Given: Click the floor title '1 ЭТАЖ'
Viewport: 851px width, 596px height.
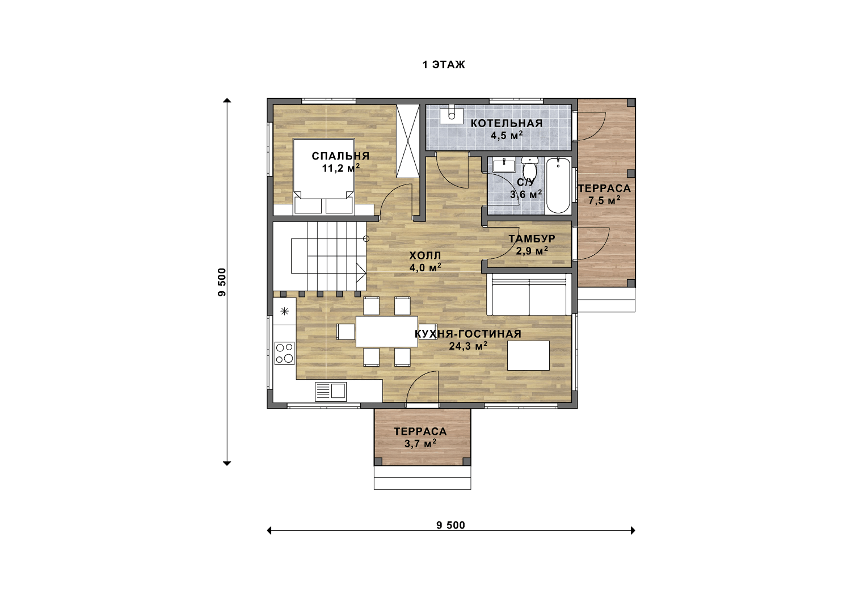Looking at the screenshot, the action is pyautogui.click(x=443, y=65).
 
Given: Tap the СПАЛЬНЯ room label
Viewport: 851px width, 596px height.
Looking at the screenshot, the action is pyautogui.click(x=340, y=156).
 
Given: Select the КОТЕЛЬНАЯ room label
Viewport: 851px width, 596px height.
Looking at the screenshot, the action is pyautogui.click(x=507, y=123).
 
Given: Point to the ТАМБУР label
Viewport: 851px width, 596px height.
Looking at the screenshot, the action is pyautogui.click(x=532, y=239).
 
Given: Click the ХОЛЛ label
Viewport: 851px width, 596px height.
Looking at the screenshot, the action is pyautogui.click(x=425, y=255).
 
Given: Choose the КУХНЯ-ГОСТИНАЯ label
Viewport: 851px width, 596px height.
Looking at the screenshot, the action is pyautogui.click(x=468, y=334).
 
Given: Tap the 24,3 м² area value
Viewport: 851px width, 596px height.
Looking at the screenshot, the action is pyautogui.click(x=469, y=346).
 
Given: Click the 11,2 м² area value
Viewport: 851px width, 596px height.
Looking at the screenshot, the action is pyautogui.click(x=341, y=168).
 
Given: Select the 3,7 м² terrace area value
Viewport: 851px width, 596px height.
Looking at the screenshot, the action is pyautogui.click(x=420, y=443).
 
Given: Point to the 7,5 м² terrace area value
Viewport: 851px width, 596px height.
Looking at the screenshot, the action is pyautogui.click(x=604, y=200).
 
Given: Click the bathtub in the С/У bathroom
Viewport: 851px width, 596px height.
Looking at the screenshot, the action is pyautogui.click(x=558, y=186).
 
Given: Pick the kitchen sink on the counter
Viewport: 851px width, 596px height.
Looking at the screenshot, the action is pyautogui.click(x=331, y=392).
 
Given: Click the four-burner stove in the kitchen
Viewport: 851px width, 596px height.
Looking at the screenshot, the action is pyautogui.click(x=285, y=353).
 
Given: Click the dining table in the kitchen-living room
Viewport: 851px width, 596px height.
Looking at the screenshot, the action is pyautogui.click(x=387, y=331).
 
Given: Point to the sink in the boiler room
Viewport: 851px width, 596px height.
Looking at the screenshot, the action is pyautogui.click(x=452, y=115).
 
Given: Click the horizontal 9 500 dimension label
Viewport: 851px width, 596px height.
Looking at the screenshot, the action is pyautogui.click(x=450, y=525).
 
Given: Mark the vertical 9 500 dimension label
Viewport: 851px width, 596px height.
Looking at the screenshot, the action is pyautogui.click(x=222, y=282).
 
